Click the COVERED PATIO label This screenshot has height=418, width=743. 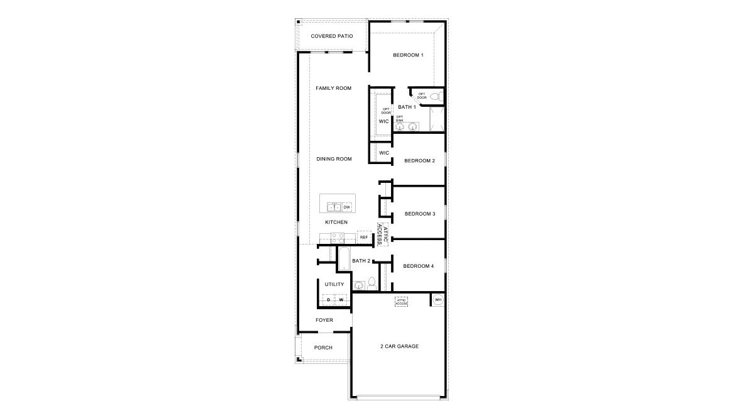[x=332, y=36]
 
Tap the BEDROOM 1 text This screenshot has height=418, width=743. [x=408, y=55]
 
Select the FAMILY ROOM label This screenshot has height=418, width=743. [x=333, y=88]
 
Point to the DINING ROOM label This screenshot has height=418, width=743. [x=334, y=159]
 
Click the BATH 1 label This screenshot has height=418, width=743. [x=407, y=107]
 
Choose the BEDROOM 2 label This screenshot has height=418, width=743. [x=419, y=161]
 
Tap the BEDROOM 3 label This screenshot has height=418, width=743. [x=420, y=214]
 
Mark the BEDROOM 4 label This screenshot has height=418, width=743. [x=419, y=266]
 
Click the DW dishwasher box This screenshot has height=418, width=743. [x=346, y=207]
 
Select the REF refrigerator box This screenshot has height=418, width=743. [x=363, y=237]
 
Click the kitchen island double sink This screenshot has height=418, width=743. [x=334, y=207]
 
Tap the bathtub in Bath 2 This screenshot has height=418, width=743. [x=344, y=259]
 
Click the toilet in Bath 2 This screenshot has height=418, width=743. [x=371, y=283]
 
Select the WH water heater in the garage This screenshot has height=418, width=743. [x=438, y=300]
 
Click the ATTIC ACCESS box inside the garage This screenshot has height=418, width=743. [x=402, y=302]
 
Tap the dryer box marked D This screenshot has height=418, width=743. [x=328, y=300]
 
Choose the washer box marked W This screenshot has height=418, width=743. [x=341, y=300]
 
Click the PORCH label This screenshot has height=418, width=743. [x=323, y=348]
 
